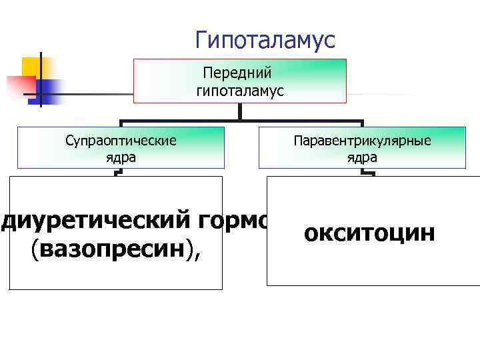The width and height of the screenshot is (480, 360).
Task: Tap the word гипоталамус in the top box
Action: (x=239, y=91)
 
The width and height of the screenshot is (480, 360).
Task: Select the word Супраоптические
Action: (x=121, y=141)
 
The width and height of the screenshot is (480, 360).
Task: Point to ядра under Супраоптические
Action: (x=121, y=158)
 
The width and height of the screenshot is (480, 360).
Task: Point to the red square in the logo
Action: (x=19, y=86)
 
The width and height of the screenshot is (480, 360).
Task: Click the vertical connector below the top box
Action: (x=240, y=112)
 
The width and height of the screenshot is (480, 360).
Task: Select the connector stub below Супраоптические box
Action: (x=119, y=172)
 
